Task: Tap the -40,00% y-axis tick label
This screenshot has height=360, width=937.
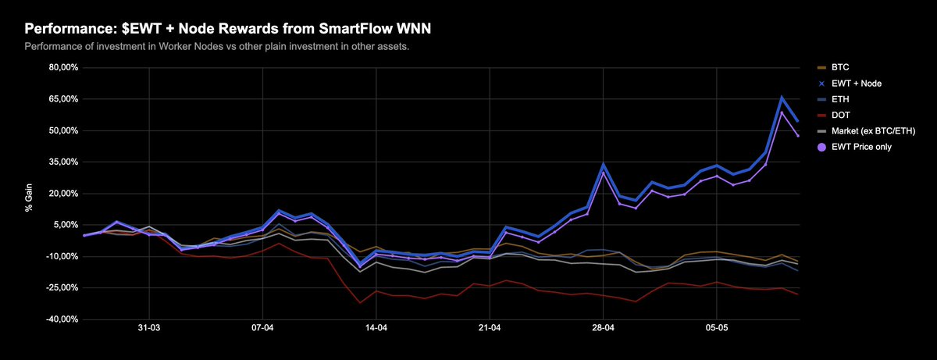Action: click(x=61, y=319)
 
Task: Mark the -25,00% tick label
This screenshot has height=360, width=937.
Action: click(x=61, y=288)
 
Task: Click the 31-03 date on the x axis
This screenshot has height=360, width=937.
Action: click(x=149, y=330)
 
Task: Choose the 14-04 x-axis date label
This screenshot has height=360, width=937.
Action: click(x=376, y=330)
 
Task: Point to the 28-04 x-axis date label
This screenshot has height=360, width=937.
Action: click(x=604, y=330)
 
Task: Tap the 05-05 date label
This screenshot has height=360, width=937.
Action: click(x=717, y=330)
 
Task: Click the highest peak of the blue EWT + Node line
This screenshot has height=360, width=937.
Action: click(x=782, y=98)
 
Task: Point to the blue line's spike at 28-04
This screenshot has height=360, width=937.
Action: click(x=603, y=165)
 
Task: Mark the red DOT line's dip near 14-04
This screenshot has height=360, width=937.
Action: click(x=360, y=302)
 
